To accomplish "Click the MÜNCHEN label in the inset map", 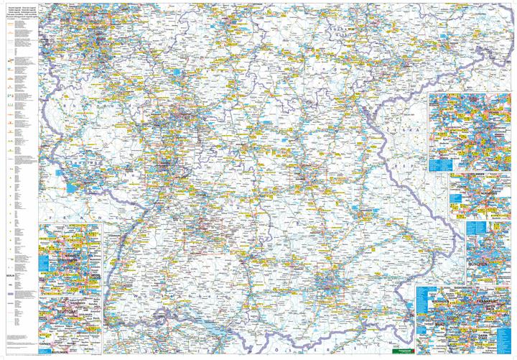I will click(x=479, y=264).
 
